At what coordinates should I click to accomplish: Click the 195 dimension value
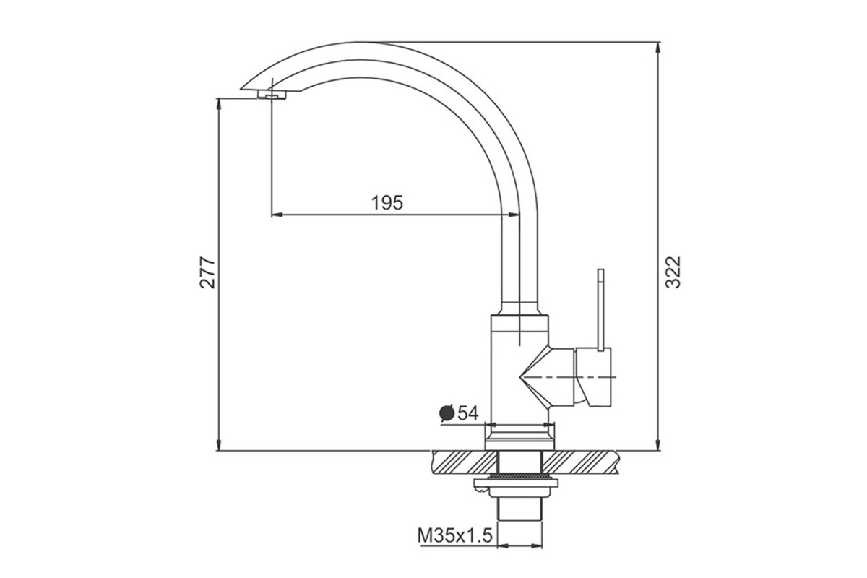[x=387, y=202]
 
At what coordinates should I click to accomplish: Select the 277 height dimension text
[x=208, y=272]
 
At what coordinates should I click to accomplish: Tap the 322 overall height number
[x=673, y=272]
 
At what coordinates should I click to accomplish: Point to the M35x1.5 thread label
[x=454, y=536]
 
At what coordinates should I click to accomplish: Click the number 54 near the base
[x=468, y=413]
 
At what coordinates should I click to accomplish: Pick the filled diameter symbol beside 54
[x=447, y=413]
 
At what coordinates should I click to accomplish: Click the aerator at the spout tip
[x=272, y=95]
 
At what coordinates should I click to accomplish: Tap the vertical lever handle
[x=600, y=310]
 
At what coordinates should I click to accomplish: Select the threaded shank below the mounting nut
[x=519, y=509]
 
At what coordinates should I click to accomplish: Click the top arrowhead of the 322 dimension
[x=657, y=48]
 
